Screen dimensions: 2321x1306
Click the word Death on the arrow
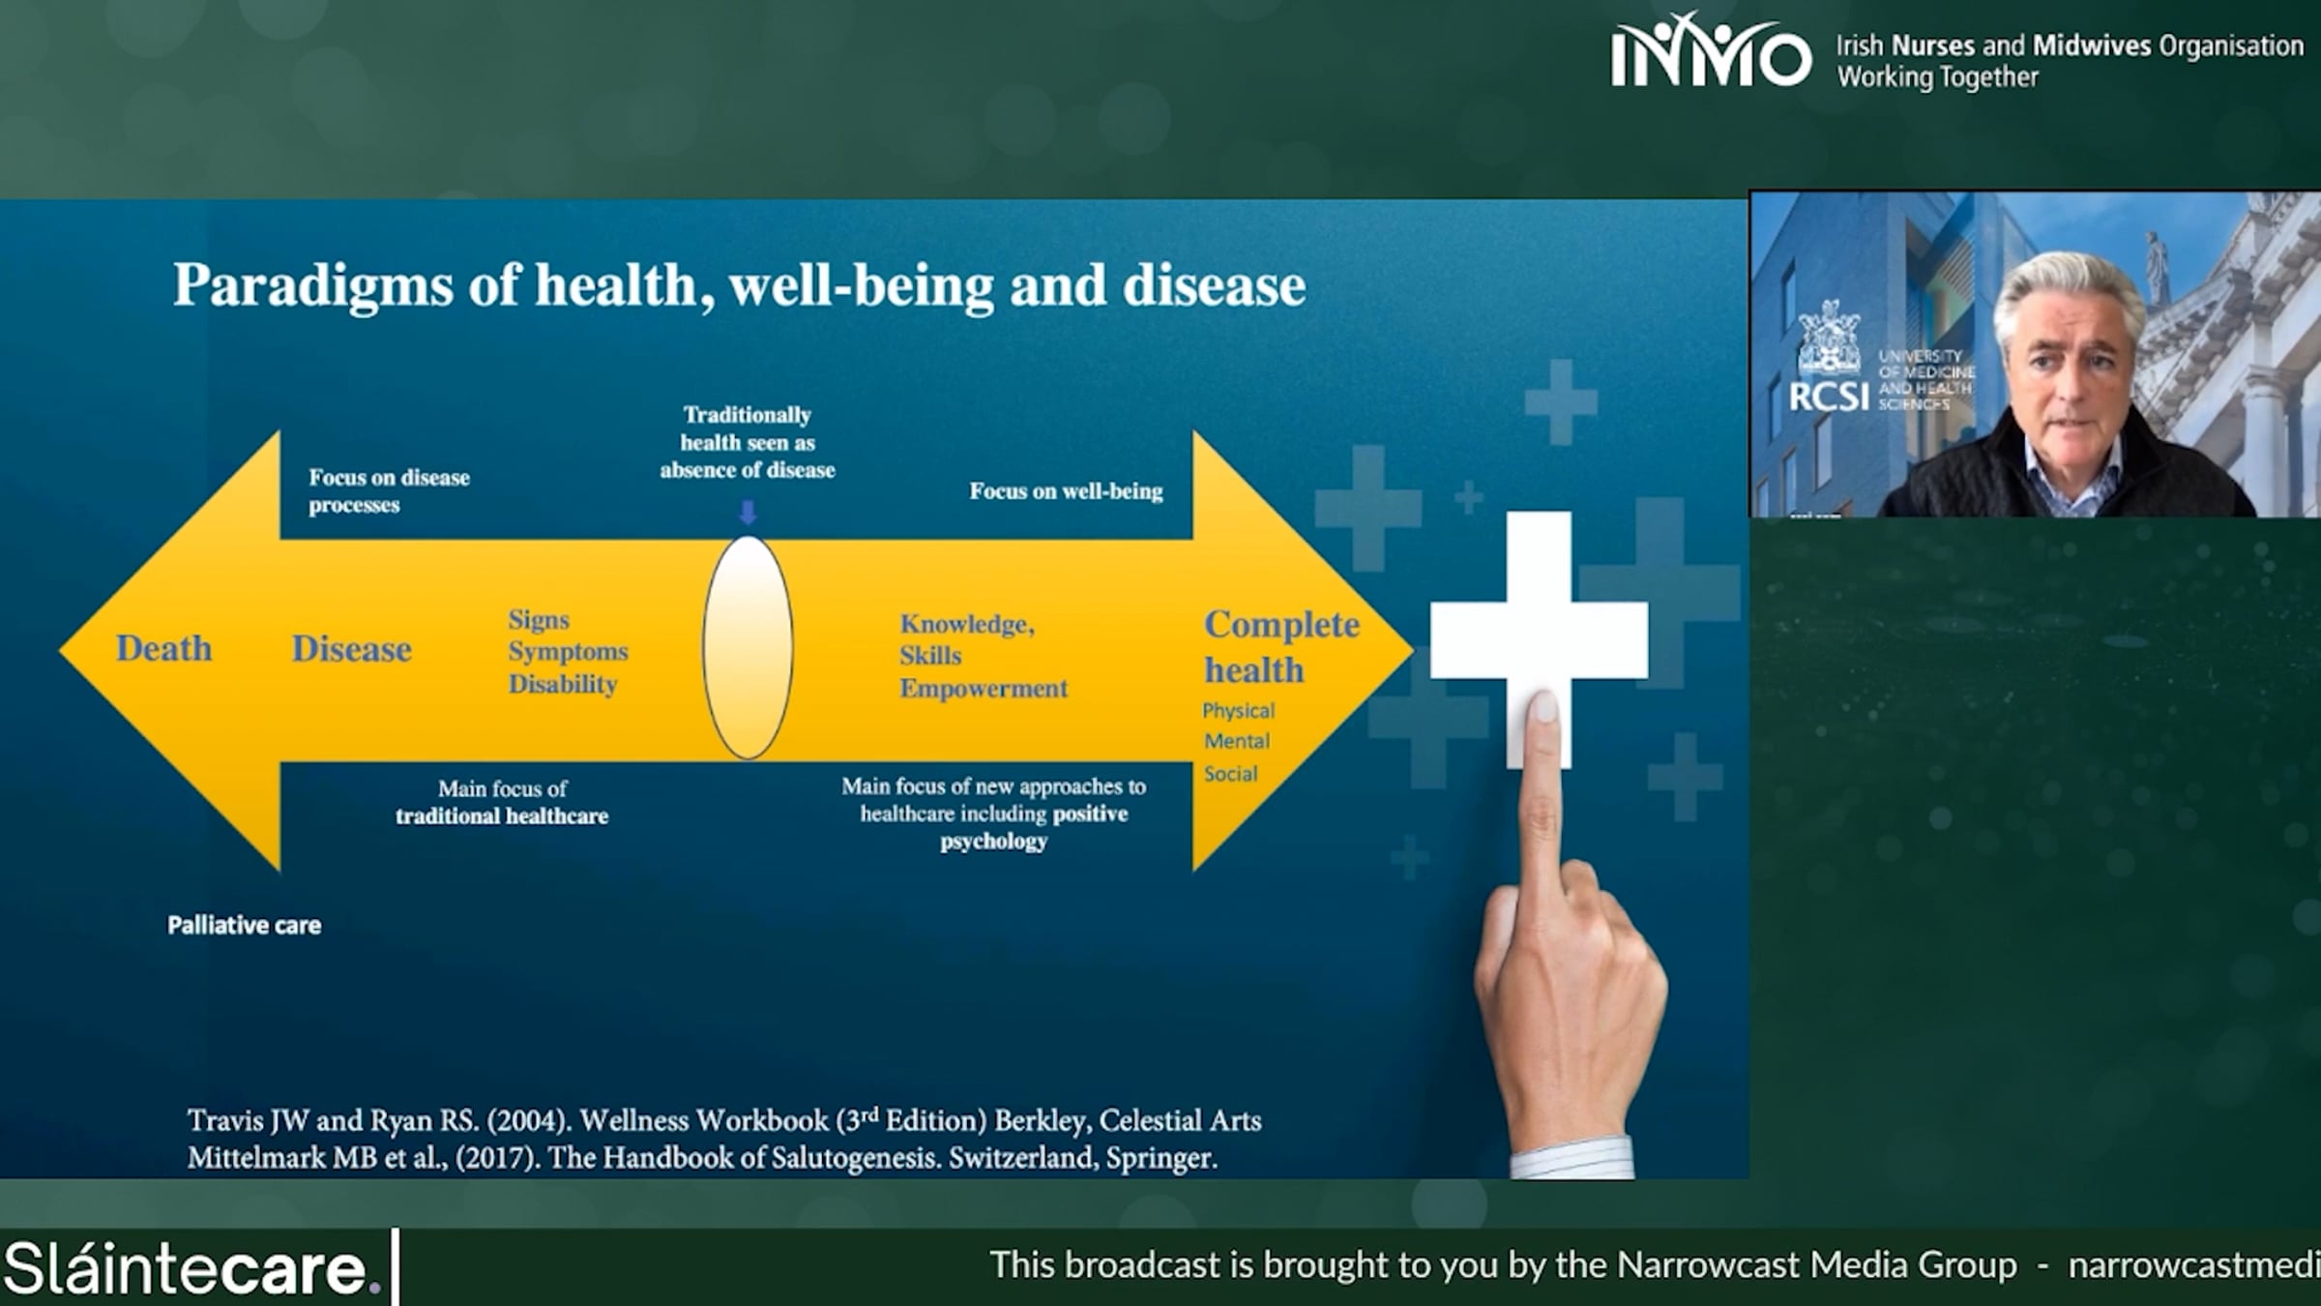tap(163, 648)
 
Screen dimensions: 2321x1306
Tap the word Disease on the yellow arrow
tap(352, 648)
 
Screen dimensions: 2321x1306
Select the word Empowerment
tap(984, 688)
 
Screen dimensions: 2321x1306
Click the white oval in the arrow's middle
tap(748, 647)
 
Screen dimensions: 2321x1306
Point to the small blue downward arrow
tap(748, 511)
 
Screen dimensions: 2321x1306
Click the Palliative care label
tap(245, 925)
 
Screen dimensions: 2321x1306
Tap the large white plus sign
tap(1539, 639)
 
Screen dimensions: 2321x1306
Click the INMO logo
tap(1711, 50)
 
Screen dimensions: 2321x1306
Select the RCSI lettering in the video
tap(1829, 397)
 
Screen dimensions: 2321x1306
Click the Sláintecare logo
tap(192, 1267)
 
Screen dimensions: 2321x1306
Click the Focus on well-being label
tap(1066, 491)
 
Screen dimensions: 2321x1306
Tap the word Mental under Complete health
tap(1237, 741)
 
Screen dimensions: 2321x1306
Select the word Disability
tap(563, 684)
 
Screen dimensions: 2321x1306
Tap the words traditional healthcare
tap(502, 816)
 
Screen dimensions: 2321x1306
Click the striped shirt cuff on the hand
tap(1572, 1157)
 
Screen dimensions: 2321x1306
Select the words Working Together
tap(1938, 77)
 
